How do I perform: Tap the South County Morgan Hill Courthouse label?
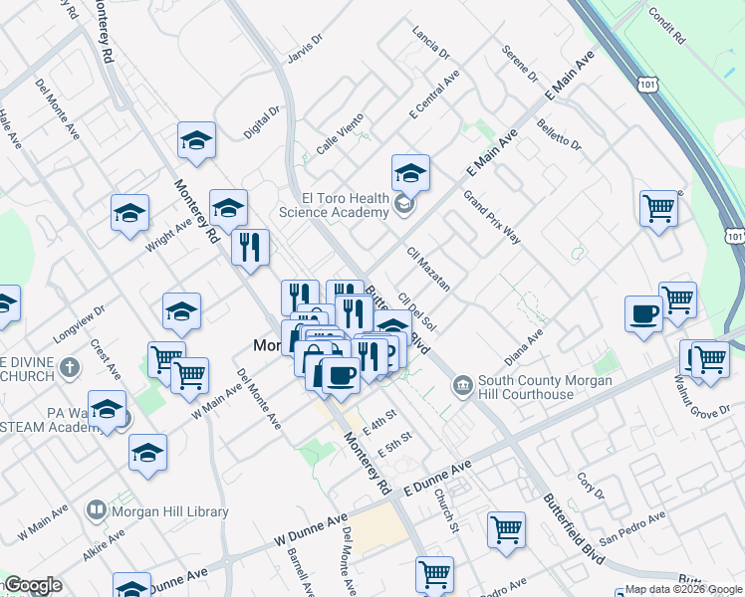click(x=526, y=387)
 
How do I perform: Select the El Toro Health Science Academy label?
click(x=333, y=205)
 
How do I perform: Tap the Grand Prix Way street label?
click(x=492, y=215)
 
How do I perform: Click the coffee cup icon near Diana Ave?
click(x=643, y=314)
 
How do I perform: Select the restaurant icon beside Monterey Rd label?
click(x=250, y=246)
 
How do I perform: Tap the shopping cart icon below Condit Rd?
click(x=659, y=208)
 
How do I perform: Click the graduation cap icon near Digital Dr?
click(x=196, y=140)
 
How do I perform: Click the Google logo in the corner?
click(x=33, y=585)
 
